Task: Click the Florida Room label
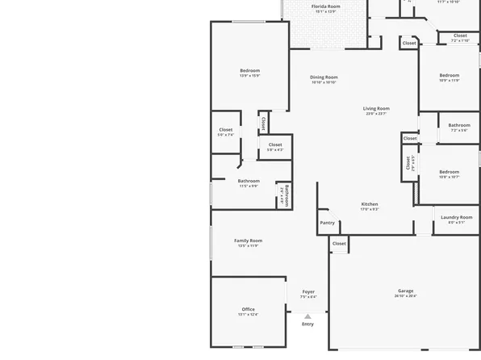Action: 325,6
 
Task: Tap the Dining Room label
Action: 324,77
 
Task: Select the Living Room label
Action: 376,108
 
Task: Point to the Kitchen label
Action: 370,204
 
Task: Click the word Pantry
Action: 327,223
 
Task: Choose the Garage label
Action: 405,291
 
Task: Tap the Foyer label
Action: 308,291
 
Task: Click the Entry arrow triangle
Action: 307,316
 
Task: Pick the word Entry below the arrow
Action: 307,324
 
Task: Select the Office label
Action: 248,309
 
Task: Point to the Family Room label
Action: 248,241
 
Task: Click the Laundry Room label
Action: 456,217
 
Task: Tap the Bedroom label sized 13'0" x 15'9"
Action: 249,70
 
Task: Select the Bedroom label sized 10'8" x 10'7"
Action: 449,171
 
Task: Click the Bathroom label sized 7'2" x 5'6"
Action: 459,125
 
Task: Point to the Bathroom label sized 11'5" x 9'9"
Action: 249,181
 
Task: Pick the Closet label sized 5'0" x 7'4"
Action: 225,130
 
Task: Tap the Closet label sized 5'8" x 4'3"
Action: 275,144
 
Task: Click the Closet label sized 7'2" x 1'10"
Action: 460,36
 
